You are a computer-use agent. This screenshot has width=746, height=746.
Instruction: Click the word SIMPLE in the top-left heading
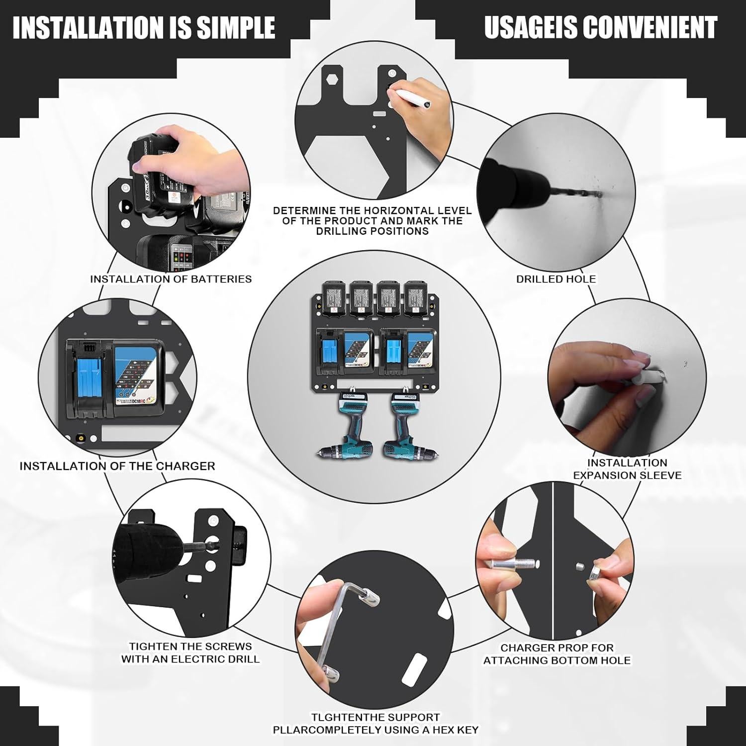pyautogui.click(x=236, y=27)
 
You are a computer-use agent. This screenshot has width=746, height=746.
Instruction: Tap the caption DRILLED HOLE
pyautogui.click(x=556, y=279)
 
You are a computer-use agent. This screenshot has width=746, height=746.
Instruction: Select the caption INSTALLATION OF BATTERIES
pyautogui.click(x=171, y=279)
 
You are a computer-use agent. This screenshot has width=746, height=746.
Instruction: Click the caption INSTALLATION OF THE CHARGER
pyautogui.click(x=117, y=466)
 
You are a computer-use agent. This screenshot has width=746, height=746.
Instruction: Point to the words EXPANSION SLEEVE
pyautogui.click(x=627, y=475)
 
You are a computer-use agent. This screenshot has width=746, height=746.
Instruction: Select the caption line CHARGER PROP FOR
pyautogui.click(x=557, y=648)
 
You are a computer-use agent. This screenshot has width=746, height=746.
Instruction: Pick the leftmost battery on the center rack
pyautogui.click(x=335, y=298)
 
